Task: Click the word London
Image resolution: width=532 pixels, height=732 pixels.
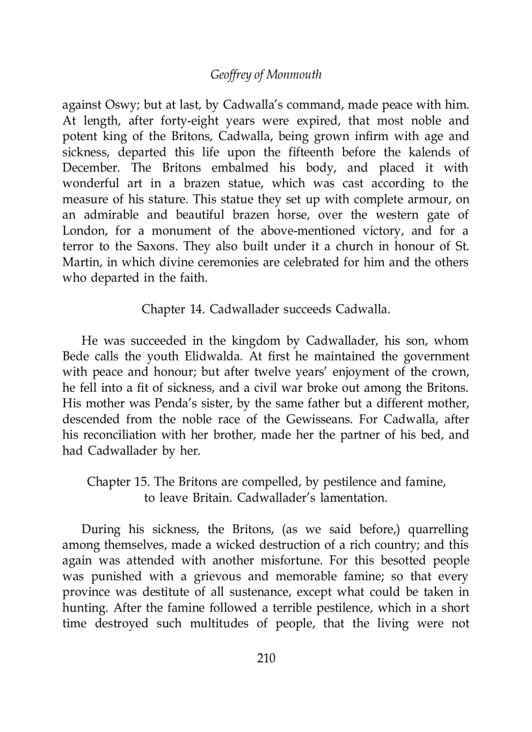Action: [83, 231]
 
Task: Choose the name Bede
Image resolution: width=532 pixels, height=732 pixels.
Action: [76, 357]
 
